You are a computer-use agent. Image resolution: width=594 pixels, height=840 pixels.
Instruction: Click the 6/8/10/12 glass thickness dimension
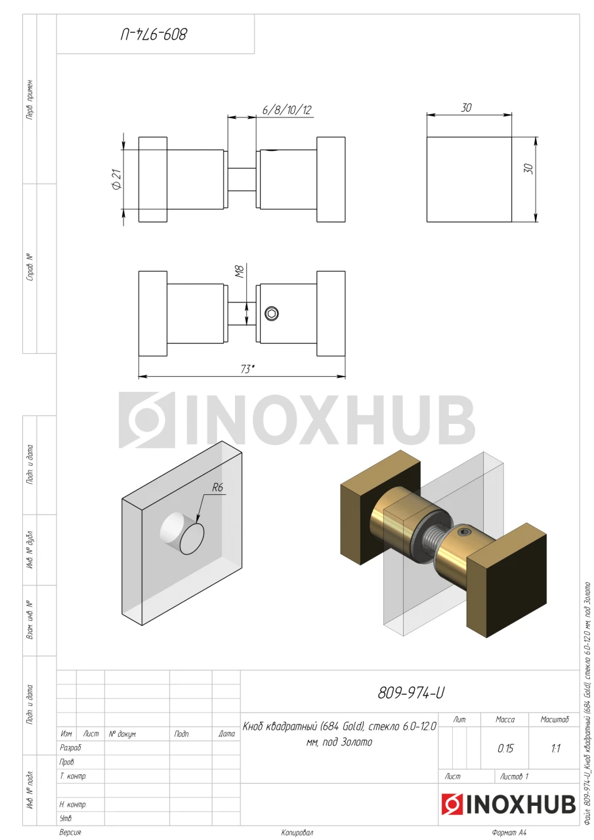pos(287,110)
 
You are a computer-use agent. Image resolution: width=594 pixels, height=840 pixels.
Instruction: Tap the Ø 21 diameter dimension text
pos(117,179)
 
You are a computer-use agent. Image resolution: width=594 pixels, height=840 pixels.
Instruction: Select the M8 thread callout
pos(240,272)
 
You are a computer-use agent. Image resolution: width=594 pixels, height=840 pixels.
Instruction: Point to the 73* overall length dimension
pos(247,369)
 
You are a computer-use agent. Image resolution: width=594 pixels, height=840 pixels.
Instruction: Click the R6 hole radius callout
pos(217,487)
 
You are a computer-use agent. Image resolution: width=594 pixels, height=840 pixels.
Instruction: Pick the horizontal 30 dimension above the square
pos(466,108)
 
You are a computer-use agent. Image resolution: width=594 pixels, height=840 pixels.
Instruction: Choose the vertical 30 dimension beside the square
pos(528,169)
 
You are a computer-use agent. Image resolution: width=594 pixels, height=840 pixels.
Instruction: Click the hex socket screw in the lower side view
pos(272,314)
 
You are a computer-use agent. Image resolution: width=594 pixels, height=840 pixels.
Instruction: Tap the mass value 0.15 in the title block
pos(505,749)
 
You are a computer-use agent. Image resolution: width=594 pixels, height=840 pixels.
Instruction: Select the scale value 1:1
pos(556,749)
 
